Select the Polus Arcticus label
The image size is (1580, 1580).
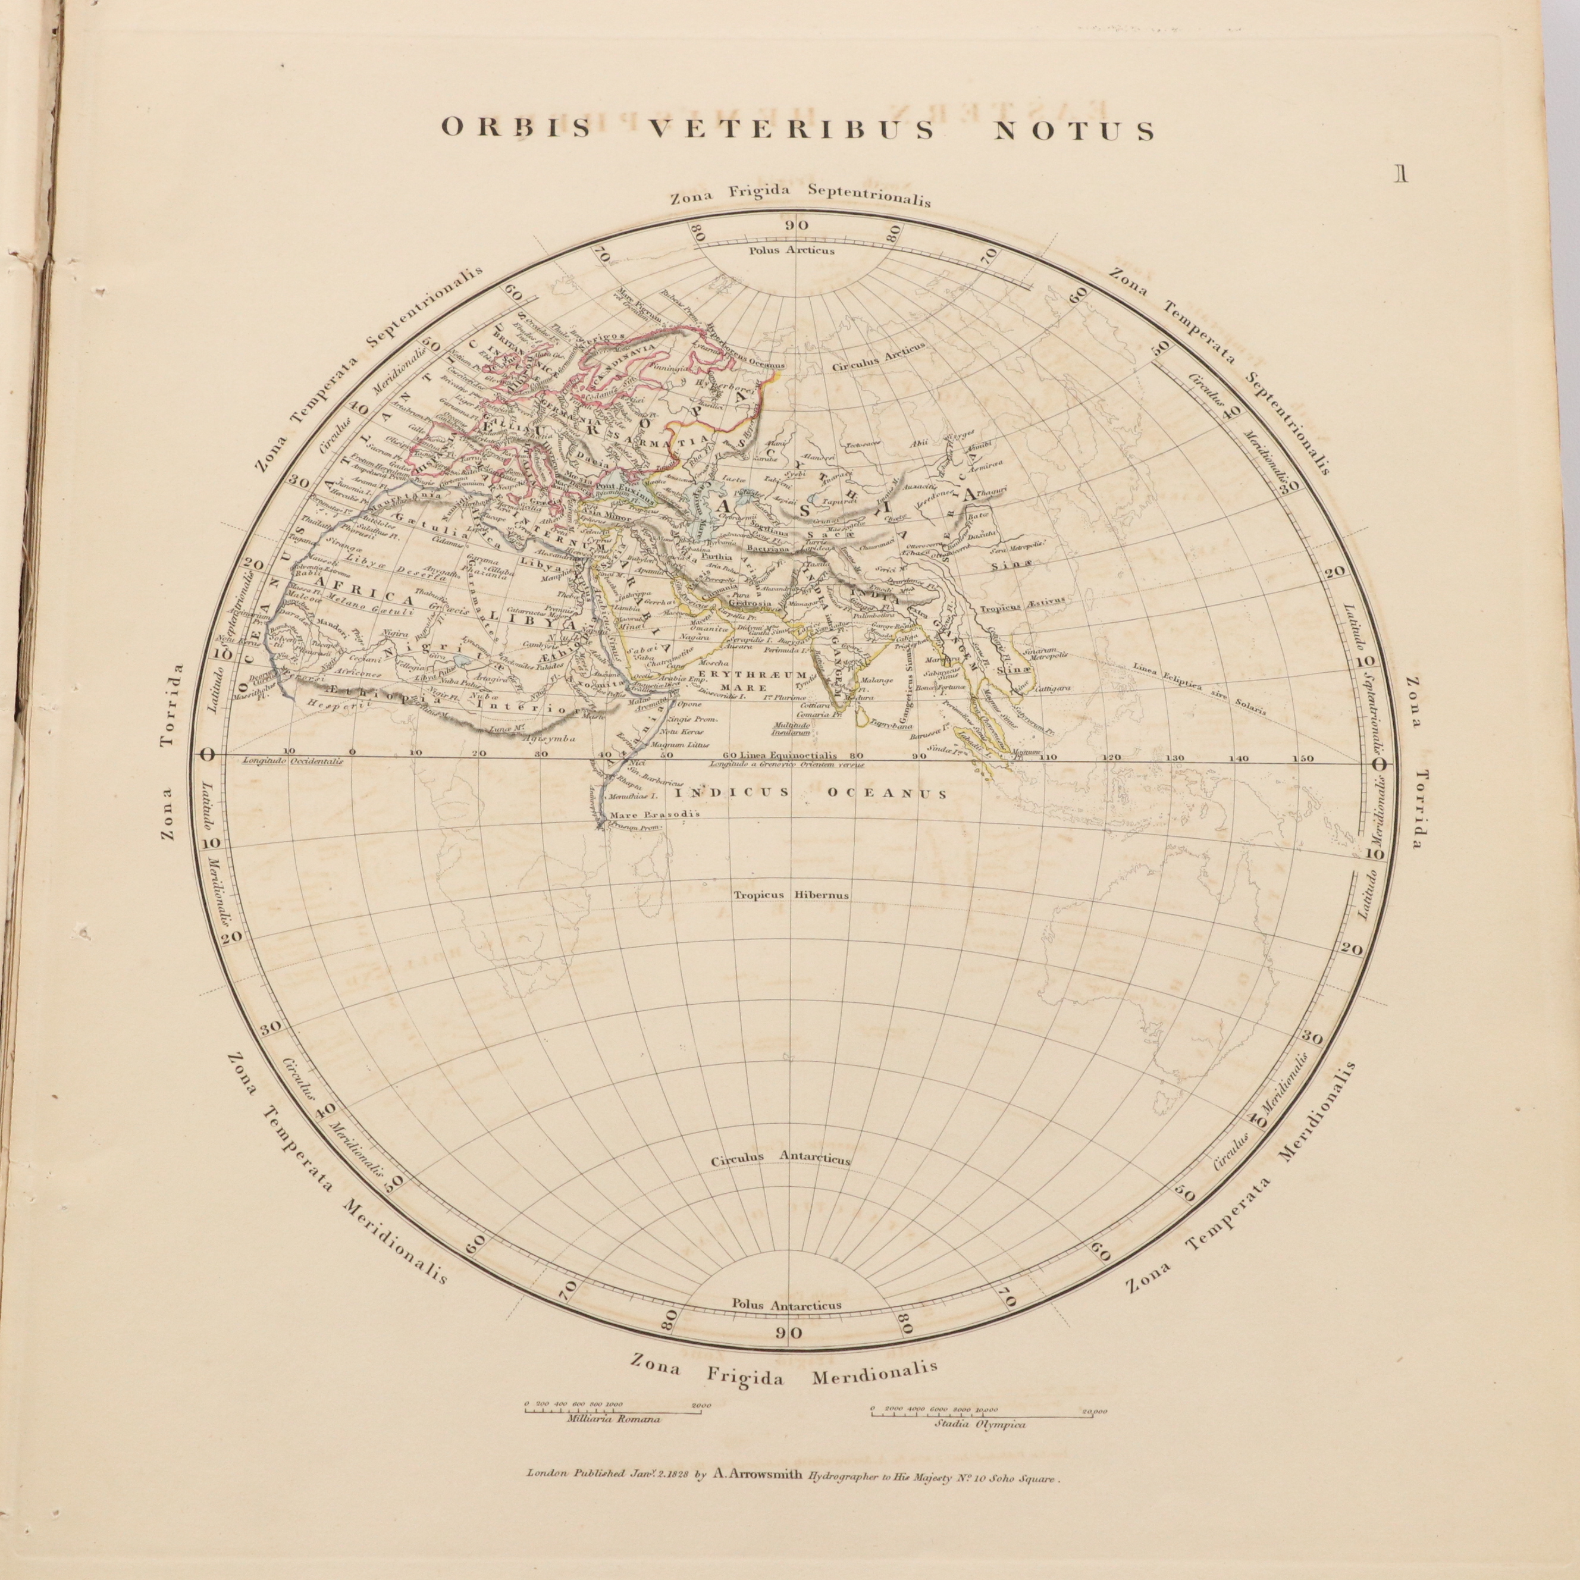point(792,250)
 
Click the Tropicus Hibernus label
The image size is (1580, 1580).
point(791,895)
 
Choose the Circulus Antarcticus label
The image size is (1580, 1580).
point(780,1159)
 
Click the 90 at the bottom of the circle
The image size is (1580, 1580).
point(790,1334)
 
